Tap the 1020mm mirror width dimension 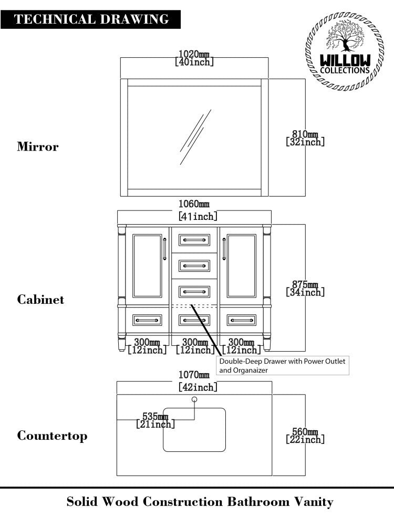point(194,58)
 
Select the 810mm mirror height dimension point(305,138)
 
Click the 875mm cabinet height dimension point(305,289)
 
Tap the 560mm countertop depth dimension point(305,436)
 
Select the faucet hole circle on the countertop point(194,400)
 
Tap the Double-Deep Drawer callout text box point(283,366)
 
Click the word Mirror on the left point(38,146)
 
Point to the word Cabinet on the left point(40,300)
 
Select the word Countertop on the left point(52,436)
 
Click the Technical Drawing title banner point(91,19)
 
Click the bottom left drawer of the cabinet point(147,319)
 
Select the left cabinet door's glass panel point(147,266)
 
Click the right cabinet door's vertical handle point(224,249)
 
